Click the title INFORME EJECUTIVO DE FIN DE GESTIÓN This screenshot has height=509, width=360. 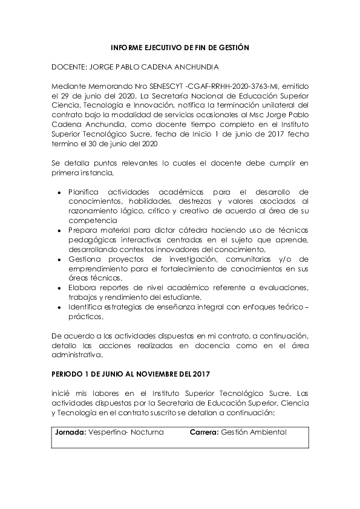pos(180,47)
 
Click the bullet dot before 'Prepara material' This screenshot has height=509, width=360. pos(59,231)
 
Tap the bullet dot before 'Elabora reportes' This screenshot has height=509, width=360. pos(59,288)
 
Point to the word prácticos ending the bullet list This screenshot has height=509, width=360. pos(85,317)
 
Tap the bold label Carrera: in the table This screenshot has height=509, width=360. pos(204,433)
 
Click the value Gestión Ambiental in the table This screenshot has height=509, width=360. pos(254,433)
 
